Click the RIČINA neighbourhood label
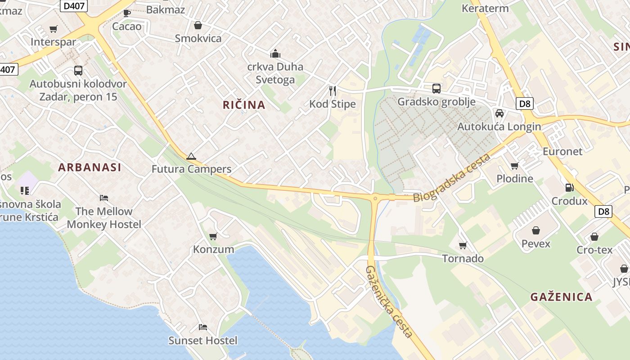tap(244, 105)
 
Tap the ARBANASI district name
tap(90, 167)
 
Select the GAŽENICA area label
tap(561, 297)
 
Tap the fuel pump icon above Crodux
tap(569, 188)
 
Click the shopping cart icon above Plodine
tap(515, 166)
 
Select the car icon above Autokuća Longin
tap(499, 113)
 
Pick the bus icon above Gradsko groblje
tap(436, 88)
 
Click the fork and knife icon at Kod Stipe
tap(333, 91)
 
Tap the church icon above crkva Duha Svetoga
tap(275, 54)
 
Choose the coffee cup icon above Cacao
tap(127, 13)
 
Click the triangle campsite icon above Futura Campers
tap(191, 156)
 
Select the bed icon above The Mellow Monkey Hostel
tap(104, 198)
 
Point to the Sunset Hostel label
tap(202, 341)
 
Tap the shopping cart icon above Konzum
tap(213, 236)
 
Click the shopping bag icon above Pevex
tap(535, 230)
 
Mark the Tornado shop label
tap(463, 258)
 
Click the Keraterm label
tap(485, 8)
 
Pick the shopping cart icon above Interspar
tap(54, 29)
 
